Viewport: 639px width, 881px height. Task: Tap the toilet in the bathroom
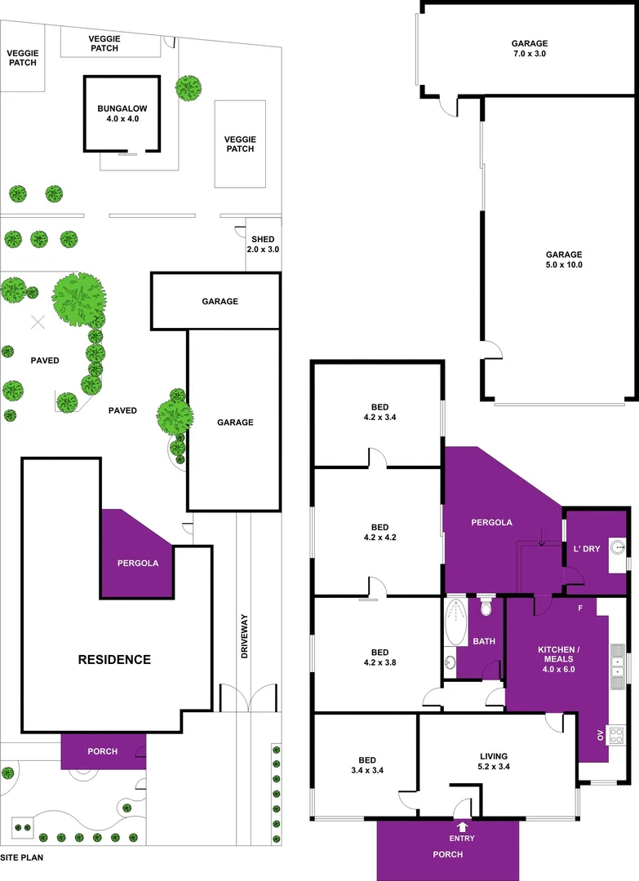pos(486,608)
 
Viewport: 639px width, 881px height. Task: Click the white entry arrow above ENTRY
pos(463,826)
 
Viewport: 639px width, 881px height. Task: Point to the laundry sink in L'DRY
pos(618,549)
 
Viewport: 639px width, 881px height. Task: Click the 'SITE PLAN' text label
pos(21,857)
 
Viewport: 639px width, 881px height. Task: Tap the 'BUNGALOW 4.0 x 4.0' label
pos(122,113)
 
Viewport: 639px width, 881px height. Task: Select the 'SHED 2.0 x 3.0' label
pos(264,244)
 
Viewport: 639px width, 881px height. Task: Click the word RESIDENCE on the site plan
pos(114,659)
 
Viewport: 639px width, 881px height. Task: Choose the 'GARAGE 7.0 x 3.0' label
pos(529,48)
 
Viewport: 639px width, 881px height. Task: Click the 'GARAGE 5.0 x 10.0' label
pos(564,259)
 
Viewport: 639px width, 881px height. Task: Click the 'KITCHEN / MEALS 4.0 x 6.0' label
pos(557,658)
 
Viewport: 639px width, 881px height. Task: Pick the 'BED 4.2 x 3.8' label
pos(379,657)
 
